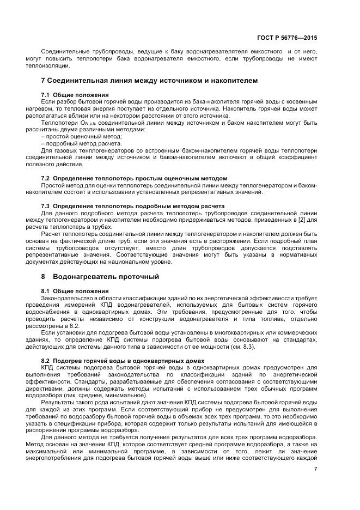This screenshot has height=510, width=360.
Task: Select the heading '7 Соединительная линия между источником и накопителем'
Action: [x=149, y=81]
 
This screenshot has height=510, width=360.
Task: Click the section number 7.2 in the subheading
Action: [x=46, y=179]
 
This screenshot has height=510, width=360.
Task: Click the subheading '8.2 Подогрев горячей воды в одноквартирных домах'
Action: [x=123, y=361]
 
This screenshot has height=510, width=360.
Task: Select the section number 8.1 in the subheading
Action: [x=46, y=291]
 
